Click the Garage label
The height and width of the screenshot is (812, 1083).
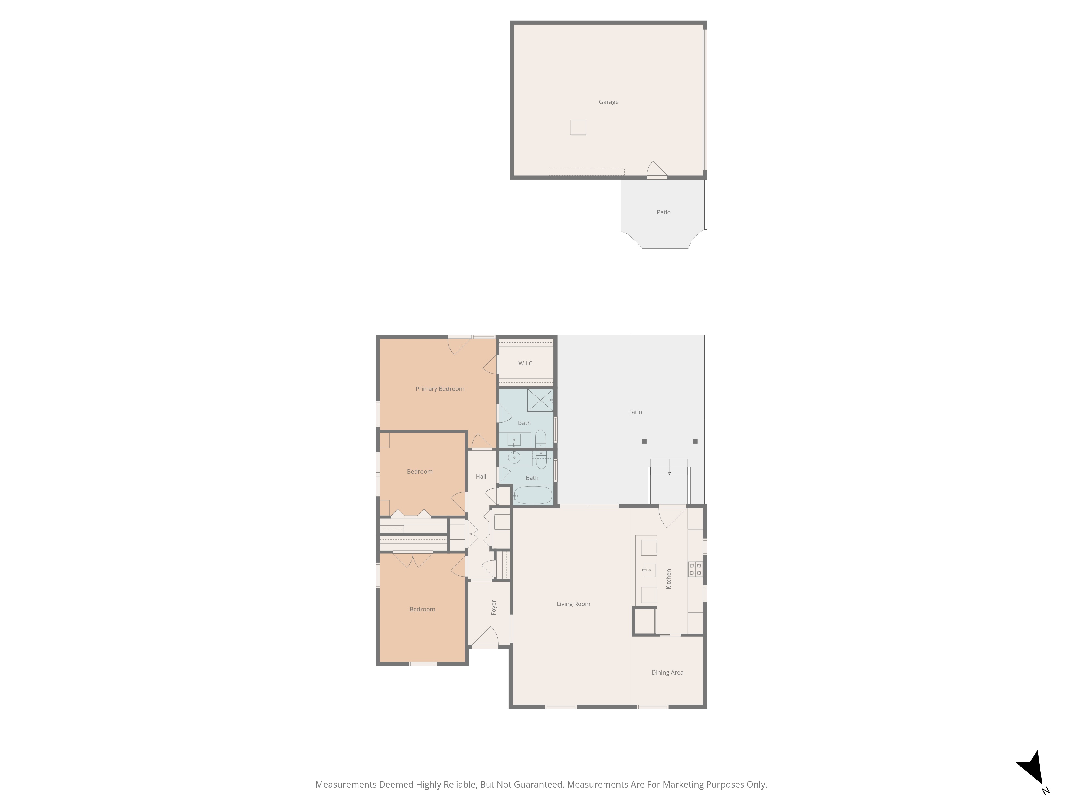pos(609,102)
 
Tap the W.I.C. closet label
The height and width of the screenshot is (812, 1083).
pos(526,363)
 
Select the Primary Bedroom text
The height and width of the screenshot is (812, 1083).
pos(440,389)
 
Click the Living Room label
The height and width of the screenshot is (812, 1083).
pos(573,604)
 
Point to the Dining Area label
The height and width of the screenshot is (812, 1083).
pos(667,673)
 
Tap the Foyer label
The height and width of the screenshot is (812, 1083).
pos(494,607)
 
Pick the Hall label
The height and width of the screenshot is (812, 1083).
pos(481,476)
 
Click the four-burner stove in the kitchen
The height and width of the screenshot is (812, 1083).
pos(695,569)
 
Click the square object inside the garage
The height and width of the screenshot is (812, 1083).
pos(578,127)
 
